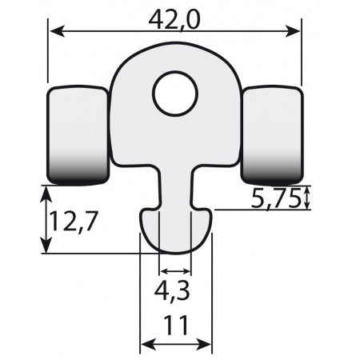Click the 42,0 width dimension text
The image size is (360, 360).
[176, 17]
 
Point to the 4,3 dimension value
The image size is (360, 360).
[175, 293]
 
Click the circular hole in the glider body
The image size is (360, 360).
[175, 94]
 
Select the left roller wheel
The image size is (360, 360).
[78, 134]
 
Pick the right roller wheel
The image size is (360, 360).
[272, 134]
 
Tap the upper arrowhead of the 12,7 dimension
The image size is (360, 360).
[44, 191]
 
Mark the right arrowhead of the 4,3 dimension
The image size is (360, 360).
[187, 272]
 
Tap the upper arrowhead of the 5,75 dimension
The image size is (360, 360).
[307, 190]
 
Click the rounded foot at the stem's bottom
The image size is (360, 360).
[176, 232]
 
